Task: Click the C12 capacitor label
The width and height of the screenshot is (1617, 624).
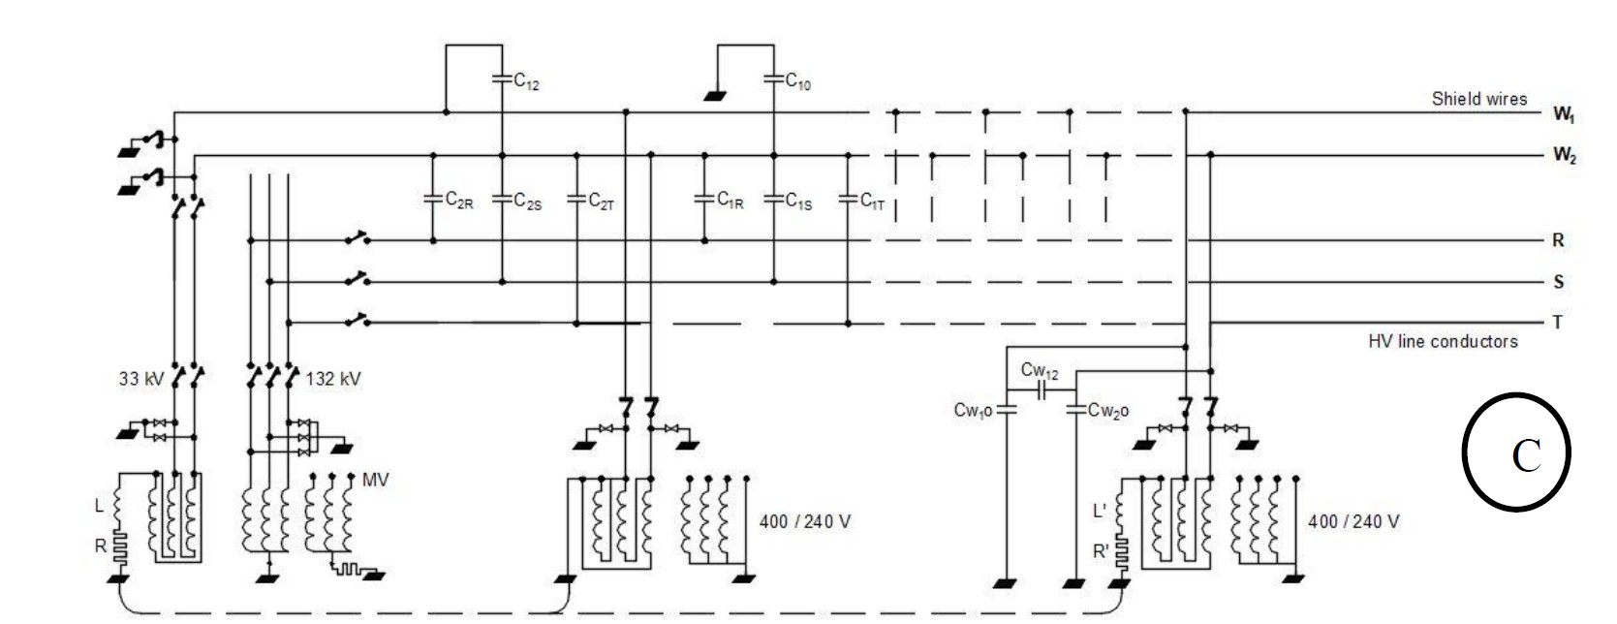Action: [526, 82]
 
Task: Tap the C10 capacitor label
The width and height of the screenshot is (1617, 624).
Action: [797, 82]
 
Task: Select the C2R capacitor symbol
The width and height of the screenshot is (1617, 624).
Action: [433, 199]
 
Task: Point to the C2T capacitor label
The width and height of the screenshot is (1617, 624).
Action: [602, 202]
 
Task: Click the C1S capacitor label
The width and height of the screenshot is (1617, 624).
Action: [798, 202]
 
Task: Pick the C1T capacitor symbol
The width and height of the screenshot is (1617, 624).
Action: [848, 199]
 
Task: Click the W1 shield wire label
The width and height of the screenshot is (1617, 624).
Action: [1563, 114]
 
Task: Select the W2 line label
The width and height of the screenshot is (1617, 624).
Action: [1563, 155]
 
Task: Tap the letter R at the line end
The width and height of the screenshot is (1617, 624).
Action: [1558, 240]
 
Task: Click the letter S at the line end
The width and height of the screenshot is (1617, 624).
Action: [1558, 282]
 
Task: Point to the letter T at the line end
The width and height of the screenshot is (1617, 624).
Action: [1557, 323]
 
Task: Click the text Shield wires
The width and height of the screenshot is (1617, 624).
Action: [1478, 99]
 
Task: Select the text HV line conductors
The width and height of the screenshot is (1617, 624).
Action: [1442, 341]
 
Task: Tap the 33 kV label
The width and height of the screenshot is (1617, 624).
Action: [141, 379]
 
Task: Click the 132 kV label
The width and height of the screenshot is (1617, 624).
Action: [333, 379]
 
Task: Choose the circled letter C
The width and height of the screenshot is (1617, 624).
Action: [1515, 452]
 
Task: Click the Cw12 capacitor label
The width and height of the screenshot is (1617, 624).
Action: [1039, 371]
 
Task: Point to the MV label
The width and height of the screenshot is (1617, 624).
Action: [375, 480]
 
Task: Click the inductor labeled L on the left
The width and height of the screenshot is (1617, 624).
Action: [118, 506]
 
